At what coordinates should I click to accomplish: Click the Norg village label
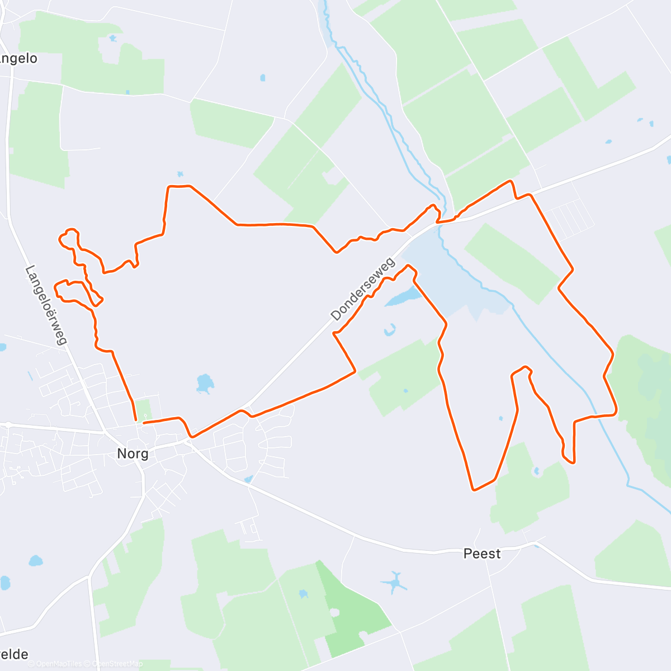tap(133, 453)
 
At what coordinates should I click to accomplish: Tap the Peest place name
tap(482, 554)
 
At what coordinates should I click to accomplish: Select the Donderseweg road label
tap(362, 289)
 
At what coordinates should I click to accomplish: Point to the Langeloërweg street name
tap(46, 305)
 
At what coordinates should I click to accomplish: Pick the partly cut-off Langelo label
tap(18, 58)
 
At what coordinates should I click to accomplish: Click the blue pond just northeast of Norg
tap(205, 384)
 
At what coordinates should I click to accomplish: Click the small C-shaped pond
tap(390, 330)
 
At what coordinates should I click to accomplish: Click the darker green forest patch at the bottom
tap(352, 609)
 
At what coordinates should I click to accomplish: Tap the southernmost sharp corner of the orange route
tap(474, 490)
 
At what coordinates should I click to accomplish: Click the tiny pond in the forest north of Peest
tap(537, 471)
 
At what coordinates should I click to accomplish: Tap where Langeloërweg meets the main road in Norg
tap(105, 432)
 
